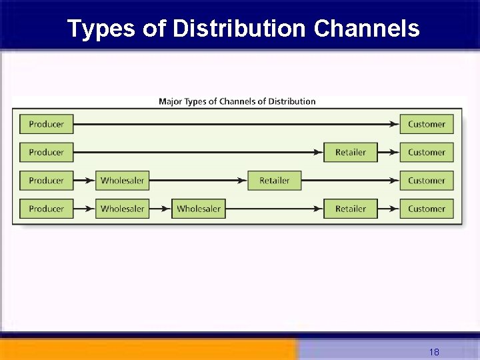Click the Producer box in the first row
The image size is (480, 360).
(x=46, y=124)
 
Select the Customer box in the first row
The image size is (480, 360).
(x=427, y=124)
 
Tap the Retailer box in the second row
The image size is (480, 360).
(x=350, y=152)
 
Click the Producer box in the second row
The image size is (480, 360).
(x=46, y=152)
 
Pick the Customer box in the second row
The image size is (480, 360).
(x=427, y=152)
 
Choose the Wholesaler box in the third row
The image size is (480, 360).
(x=122, y=181)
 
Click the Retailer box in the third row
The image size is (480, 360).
(x=274, y=181)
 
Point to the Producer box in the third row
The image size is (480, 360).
(x=46, y=181)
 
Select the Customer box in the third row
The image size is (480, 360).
(x=427, y=181)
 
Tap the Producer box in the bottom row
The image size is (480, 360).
(x=46, y=209)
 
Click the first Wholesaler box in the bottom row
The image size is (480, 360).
(x=122, y=209)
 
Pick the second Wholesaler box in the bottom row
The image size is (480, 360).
(x=198, y=209)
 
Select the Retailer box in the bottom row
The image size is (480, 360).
(x=350, y=209)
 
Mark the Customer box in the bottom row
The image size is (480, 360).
(x=427, y=209)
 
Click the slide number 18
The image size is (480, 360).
(x=434, y=352)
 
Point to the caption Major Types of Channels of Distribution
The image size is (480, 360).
(x=237, y=101)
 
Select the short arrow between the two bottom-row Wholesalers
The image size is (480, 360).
(x=161, y=209)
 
